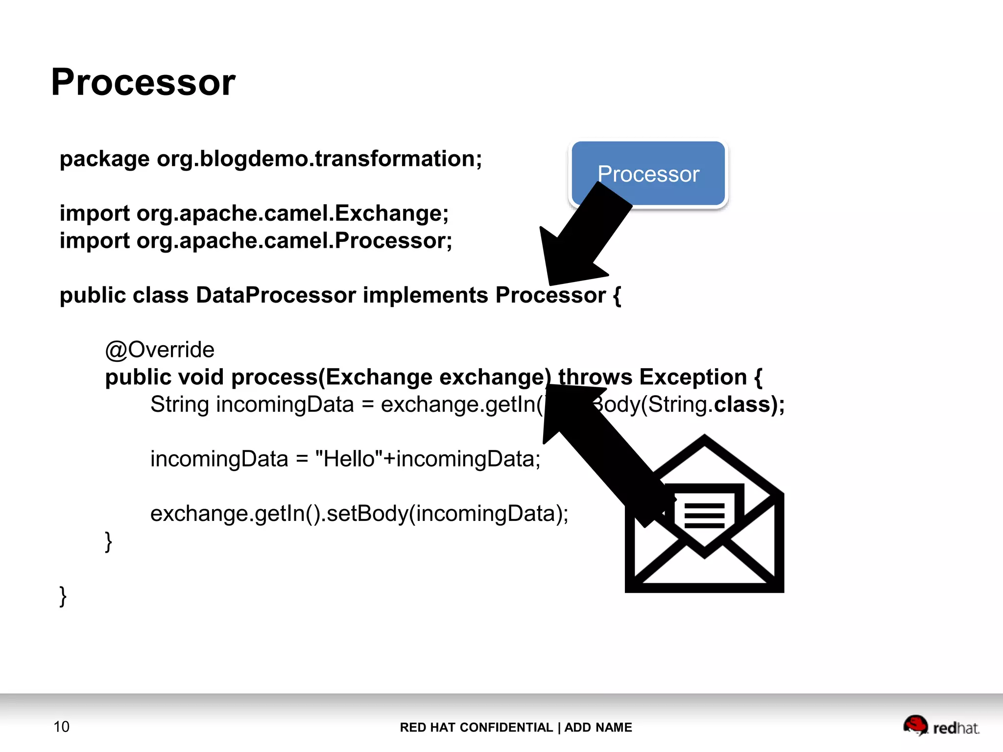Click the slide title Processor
click(x=143, y=82)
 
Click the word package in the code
click(x=104, y=159)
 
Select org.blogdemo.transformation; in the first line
click(x=319, y=159)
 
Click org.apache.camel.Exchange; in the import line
click(x=292, y=213)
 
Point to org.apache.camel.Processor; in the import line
click(x=294, y=241)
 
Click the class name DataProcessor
click(x=276, y=295)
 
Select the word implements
click(x=425, y=295)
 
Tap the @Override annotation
click(x=160, y=350)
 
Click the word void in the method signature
click(x=201, y=377)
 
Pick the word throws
click(x=595, y=377)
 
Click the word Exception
click(x=693, y=377)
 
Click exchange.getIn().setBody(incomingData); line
click(x=359, y=514)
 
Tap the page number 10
click(x=61, y=727)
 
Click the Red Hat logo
click(x=940, y=726)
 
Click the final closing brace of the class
click(x=63, y=596)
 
